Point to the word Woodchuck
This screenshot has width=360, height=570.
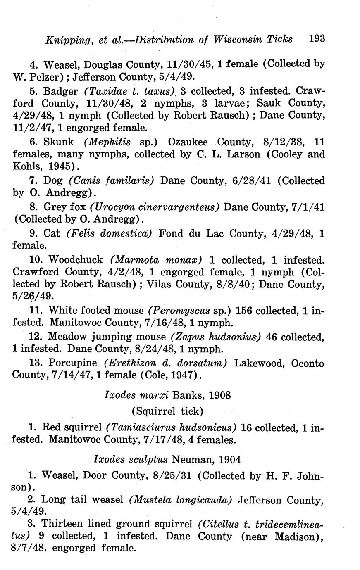(x=76, y=260)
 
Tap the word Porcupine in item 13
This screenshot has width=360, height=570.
(x=73, y=363)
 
